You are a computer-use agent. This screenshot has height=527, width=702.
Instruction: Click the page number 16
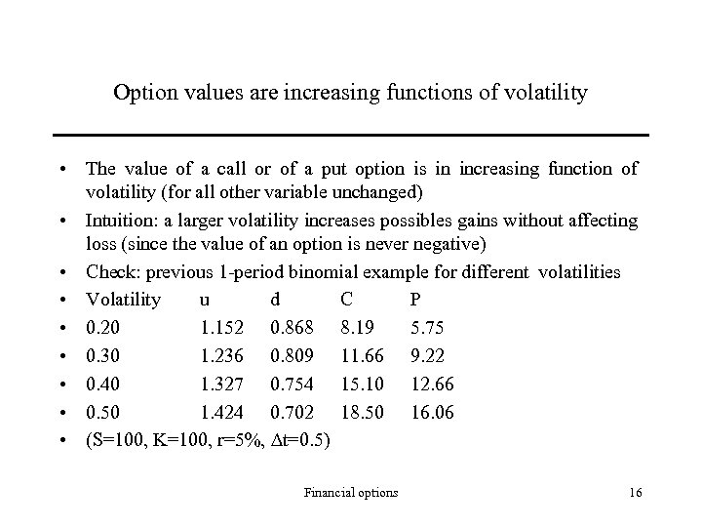coord(635,493)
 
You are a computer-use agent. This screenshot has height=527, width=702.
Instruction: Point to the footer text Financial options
coord(351,493)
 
